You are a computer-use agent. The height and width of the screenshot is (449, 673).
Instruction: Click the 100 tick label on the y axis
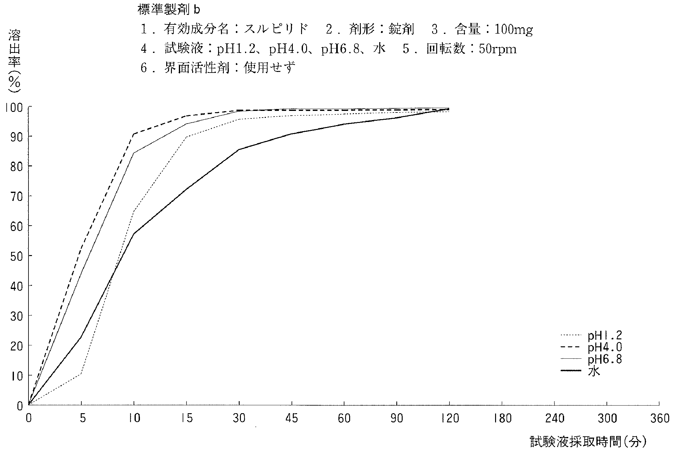click(x=14, y=107)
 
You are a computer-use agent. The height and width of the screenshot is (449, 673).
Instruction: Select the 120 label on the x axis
click(x=450, y=419)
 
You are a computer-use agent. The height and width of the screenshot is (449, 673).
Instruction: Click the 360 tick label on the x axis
click(x=659, y=419)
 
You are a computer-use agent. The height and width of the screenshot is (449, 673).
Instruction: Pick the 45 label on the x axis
click(x=292, y=419)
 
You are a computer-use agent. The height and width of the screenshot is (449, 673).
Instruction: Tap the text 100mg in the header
click(x=513, y=29)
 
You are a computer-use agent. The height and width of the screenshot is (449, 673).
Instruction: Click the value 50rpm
click(x=498, y=49)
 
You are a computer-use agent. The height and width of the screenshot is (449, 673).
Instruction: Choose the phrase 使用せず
click(x=270, y=68)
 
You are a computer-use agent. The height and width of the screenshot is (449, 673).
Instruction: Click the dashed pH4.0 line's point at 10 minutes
click(x=134, y=134)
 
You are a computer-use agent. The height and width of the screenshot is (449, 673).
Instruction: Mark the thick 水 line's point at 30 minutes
click(x=239, y=150)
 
